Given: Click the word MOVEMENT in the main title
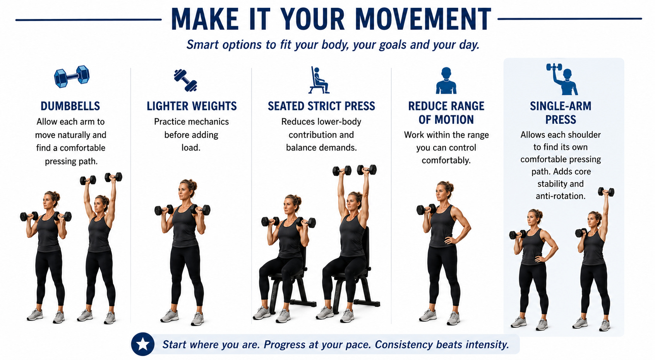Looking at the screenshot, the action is tap(423, 19).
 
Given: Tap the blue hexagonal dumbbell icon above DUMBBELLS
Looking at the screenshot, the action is tap(72, 76).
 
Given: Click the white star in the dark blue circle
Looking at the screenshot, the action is tap(143, 344).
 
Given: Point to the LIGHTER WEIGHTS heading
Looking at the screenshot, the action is tap(192, 106).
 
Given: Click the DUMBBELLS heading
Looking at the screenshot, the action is tap(70, 106).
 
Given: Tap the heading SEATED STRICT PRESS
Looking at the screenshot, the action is tap(321, 106).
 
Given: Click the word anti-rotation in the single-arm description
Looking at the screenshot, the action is tap(561, 196).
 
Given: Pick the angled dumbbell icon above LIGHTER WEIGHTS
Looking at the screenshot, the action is tap(185, 80).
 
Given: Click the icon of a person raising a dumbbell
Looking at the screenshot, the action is tap(562, 79).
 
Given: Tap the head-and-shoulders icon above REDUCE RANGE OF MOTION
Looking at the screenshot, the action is tap(446, 81).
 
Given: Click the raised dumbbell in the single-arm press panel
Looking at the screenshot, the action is tap(606, 192).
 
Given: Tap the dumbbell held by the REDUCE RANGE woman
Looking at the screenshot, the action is tap(426, 209).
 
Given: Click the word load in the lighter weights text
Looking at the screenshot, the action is tap(191, 148).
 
